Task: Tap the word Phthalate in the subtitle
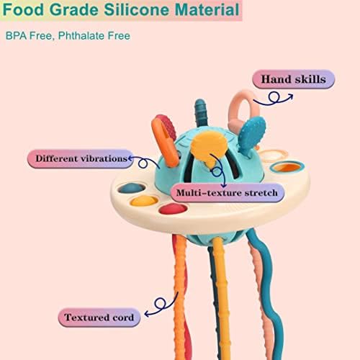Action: click(81, 36)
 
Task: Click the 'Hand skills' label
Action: click(293, 79)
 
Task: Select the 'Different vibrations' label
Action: click(80, 158)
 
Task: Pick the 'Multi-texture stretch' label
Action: click(228, 193)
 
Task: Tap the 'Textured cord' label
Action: click(99, 318)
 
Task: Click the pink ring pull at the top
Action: click(244, 110)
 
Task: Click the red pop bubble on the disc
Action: click(173, 209)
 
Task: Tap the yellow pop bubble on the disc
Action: click(144, 201)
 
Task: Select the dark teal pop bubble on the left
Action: click(132, 189)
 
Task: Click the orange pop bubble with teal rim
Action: click(287, 167)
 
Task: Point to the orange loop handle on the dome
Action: click(165, 142)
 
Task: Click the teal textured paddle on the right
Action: click(252, 134)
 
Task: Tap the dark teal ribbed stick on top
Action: click(201, 114)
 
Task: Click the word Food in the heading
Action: click(24, 10)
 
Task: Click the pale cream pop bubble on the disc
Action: click(272, 155)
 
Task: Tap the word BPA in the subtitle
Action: click(14, 36)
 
